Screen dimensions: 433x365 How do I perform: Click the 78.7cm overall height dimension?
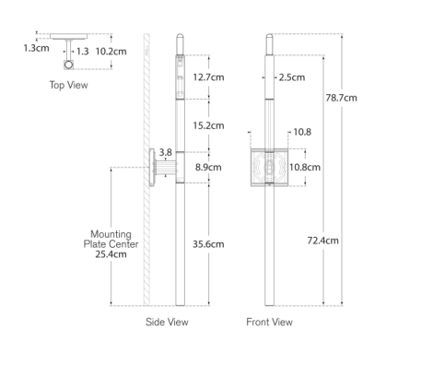(341, 98)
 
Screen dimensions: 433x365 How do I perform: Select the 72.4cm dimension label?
(322, 241)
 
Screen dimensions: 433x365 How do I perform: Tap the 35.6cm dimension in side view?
(208, 244)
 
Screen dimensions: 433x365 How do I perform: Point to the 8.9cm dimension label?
(208, 167)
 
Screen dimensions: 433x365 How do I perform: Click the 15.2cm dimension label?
(208, 125)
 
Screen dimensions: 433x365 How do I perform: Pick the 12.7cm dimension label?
(208, 77)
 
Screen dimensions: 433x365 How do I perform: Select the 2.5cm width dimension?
(292, 77)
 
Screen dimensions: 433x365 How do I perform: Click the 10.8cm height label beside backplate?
(305, 167)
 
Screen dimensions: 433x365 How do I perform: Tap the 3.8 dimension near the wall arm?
(165, 152)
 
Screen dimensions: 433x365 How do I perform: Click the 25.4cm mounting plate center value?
(111, 254)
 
